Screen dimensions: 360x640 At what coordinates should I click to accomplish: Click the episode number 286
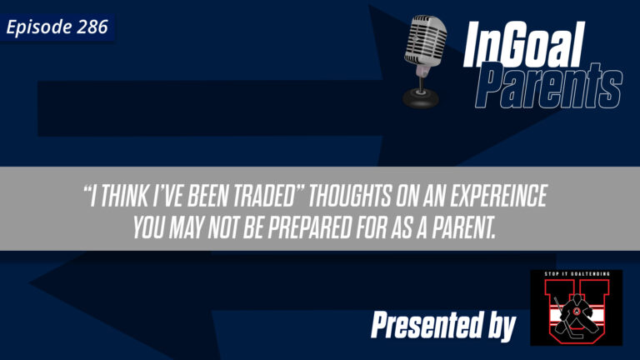pos(93,27)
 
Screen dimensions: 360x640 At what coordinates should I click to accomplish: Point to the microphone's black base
pos(421,97)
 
